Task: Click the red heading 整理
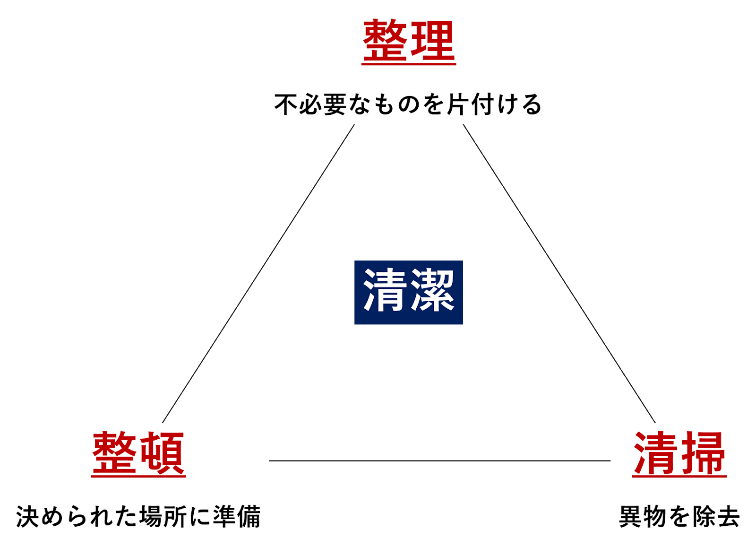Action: (409, 42)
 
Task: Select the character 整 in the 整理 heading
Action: (385, 42)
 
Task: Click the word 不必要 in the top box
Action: (311, 104)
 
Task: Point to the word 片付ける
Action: (494, 104)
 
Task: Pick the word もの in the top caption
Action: (396, 104)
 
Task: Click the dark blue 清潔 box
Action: (409, 292)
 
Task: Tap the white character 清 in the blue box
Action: (385, 291)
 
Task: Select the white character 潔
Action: (432, 291)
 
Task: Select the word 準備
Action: (236, 516)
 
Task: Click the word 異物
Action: (643, 516)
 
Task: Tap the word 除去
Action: (716, 516)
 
